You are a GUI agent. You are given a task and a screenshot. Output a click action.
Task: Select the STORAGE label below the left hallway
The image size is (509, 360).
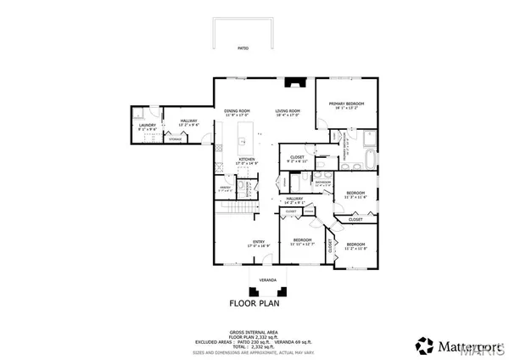[x=175, y=139]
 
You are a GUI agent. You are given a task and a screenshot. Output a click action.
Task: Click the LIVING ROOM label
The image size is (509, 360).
[x=288, y=111]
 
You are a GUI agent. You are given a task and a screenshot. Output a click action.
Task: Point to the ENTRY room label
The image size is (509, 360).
[x=260, y=242]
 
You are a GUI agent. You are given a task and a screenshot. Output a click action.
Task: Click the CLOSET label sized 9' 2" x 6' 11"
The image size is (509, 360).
[x=297, y=160]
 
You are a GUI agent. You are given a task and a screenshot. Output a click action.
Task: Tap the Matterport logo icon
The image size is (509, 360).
[x=422, y=346]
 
